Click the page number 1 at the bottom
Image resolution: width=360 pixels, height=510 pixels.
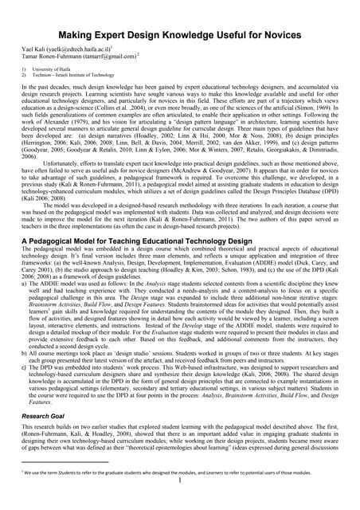pyautogui.click(x=181, y=502)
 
